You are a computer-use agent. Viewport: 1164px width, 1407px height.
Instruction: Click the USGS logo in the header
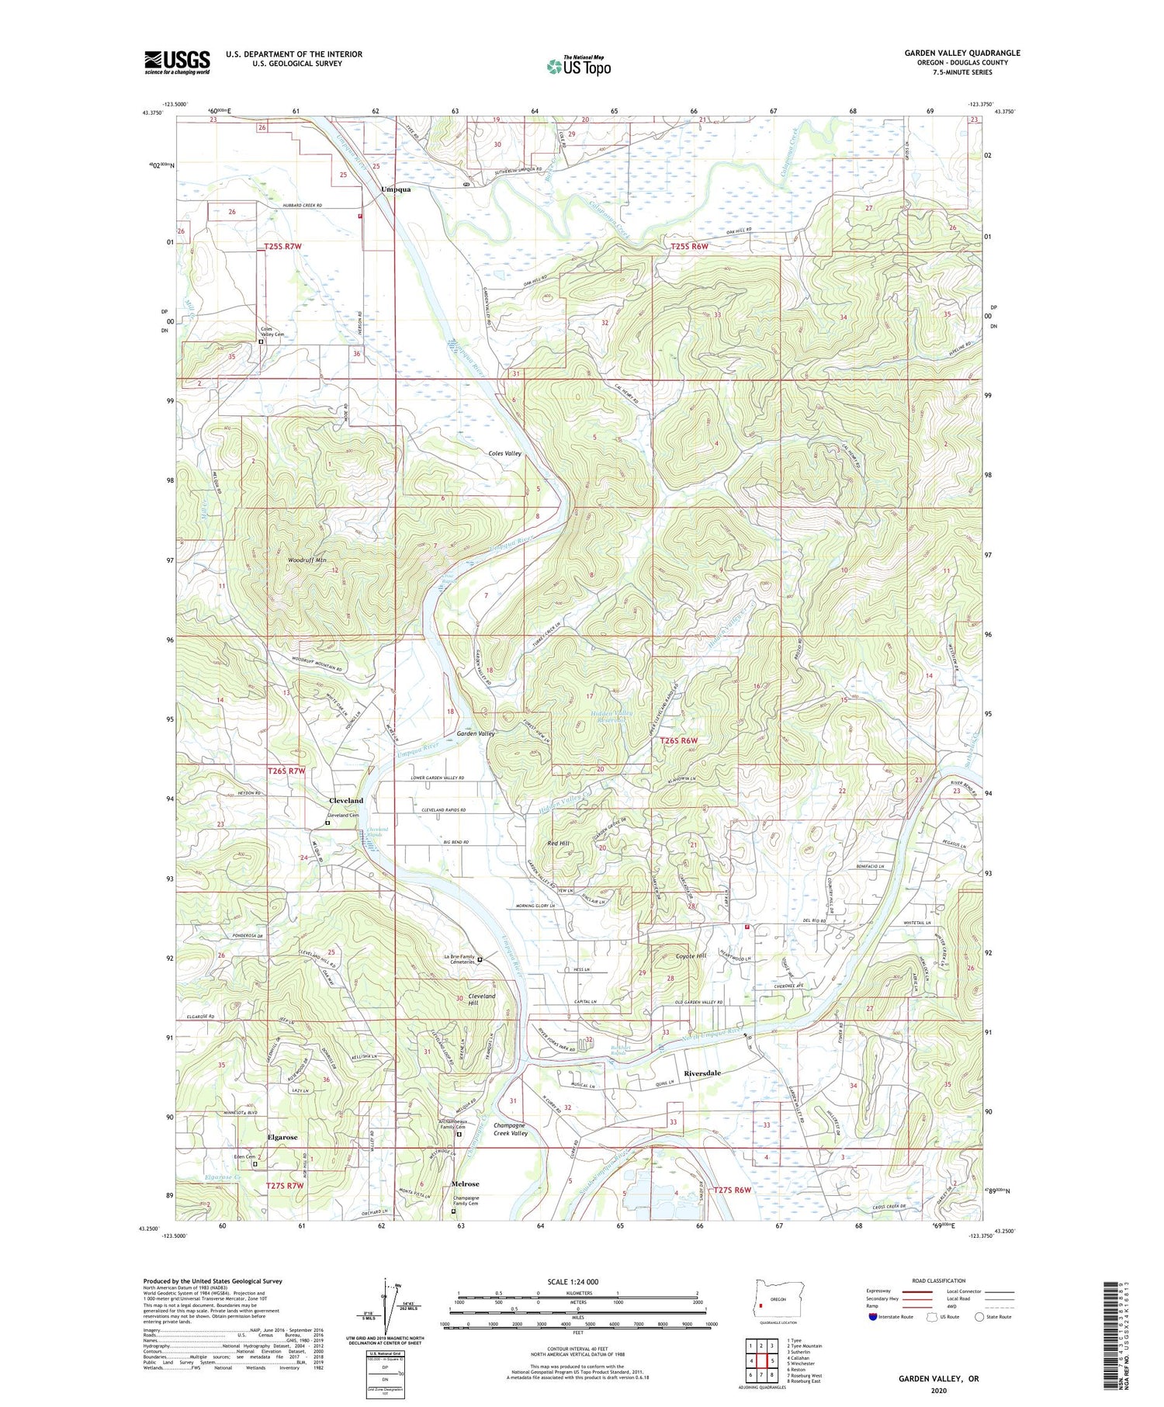click(x=177, y=62)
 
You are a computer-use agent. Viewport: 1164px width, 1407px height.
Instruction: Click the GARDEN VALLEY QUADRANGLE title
click(x=961, y=53)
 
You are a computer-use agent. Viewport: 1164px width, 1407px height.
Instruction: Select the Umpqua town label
click(x=396, y=189)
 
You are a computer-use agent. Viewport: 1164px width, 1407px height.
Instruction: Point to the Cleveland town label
click(x=345, y=800)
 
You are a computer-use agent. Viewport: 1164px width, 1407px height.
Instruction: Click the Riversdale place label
click(x=702, y=1073)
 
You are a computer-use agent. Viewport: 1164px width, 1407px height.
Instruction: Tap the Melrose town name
click(x=465, y=1184)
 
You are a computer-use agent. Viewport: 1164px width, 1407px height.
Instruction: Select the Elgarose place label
click(x=282, y=1137)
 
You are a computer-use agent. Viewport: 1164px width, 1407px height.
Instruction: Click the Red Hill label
click(x=558, y=843)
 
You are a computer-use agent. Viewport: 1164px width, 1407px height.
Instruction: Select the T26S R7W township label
click(x=286, y=771)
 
